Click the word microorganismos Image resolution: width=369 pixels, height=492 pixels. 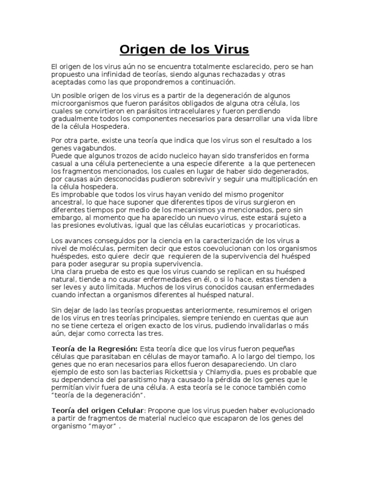[79, 103]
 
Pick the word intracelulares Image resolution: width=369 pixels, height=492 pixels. [184, 111]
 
